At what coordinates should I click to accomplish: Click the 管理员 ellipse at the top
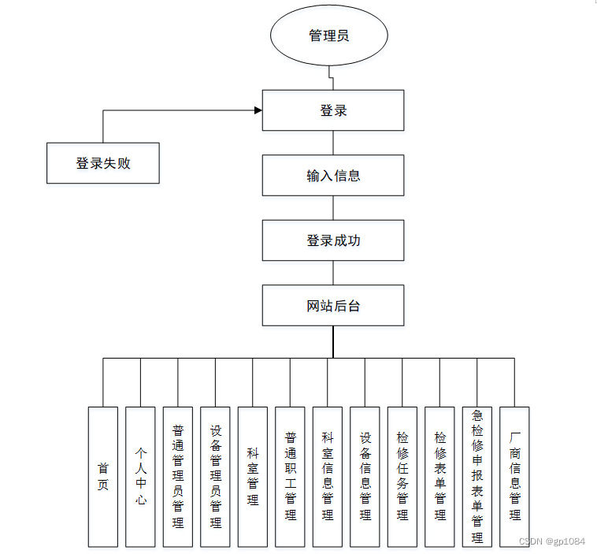[329, 36]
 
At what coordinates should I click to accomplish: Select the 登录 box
[333, 110]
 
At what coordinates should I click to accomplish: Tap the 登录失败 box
[103, 163]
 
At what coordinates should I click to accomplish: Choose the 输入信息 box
[333, 175]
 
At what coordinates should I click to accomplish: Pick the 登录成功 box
[333, 240]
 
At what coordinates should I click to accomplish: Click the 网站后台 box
[333, 306]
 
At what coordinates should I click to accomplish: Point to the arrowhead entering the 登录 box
[258, 110]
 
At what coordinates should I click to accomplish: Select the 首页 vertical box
[103, 477]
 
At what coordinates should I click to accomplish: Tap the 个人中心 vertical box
[140, 477]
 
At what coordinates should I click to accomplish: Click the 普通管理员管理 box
[178, 477]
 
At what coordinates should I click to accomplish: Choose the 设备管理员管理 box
[215, 477]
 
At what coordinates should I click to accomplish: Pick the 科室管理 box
[253, 477]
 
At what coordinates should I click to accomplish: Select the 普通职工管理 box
[290, 477]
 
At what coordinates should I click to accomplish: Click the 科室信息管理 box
[328, 477]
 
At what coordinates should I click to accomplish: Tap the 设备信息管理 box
[365, 477]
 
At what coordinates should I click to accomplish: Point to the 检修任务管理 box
[402, 477]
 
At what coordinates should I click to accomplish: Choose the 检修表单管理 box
[439, 477]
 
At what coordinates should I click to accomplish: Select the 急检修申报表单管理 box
[477, 477]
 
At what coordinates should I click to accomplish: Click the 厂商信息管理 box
[514, 477]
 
